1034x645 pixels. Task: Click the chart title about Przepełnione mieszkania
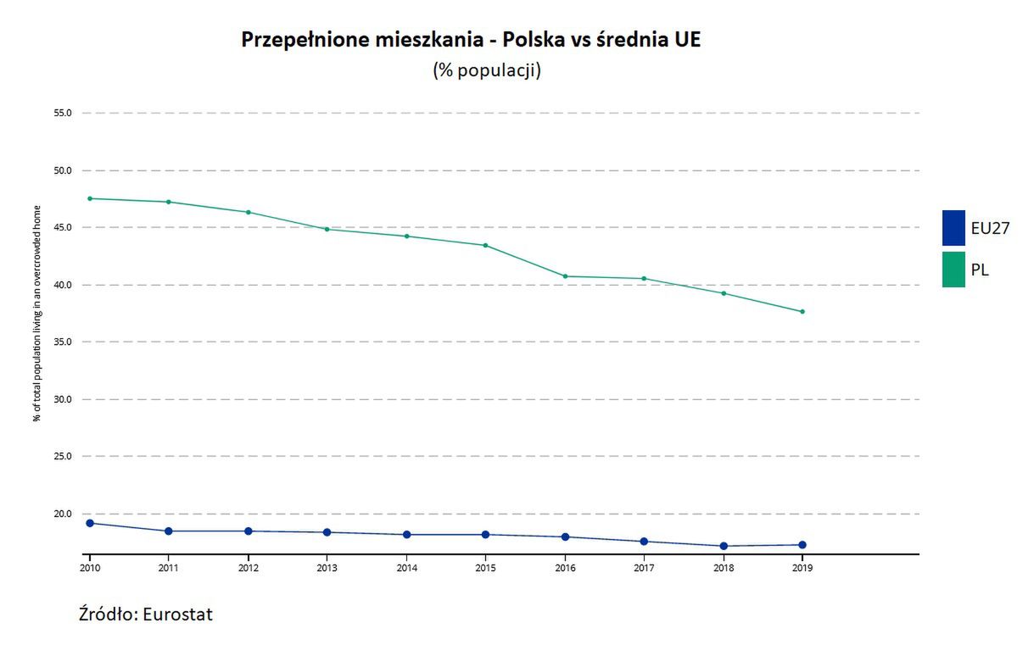[471, 40]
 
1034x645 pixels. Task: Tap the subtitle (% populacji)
[486, 70]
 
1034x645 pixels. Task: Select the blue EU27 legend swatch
[953, 227]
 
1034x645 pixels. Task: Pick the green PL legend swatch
[953, 270]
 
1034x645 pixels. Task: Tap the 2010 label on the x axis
[89, 568]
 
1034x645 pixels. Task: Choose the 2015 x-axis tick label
[485, 568]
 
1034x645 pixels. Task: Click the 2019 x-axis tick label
[802, 568]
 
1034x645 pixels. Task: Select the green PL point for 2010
[90, 198]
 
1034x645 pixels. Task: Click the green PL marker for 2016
[565, 276]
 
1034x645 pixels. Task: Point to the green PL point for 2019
[802, 312]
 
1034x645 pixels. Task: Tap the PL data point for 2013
[327, 229]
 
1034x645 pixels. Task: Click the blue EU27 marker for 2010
[90, 523]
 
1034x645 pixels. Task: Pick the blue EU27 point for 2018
[724, 546]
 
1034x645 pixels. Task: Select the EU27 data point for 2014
[406, 535]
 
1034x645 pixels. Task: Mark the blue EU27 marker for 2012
[248, 531]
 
